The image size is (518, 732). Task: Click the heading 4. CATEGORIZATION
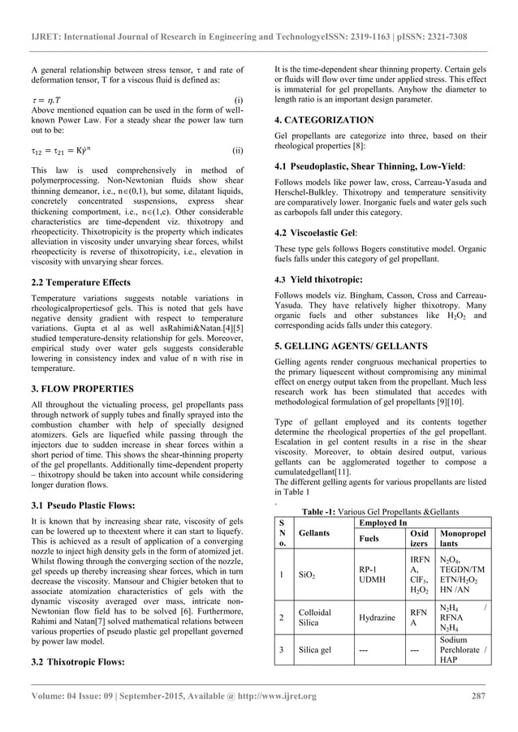325,119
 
